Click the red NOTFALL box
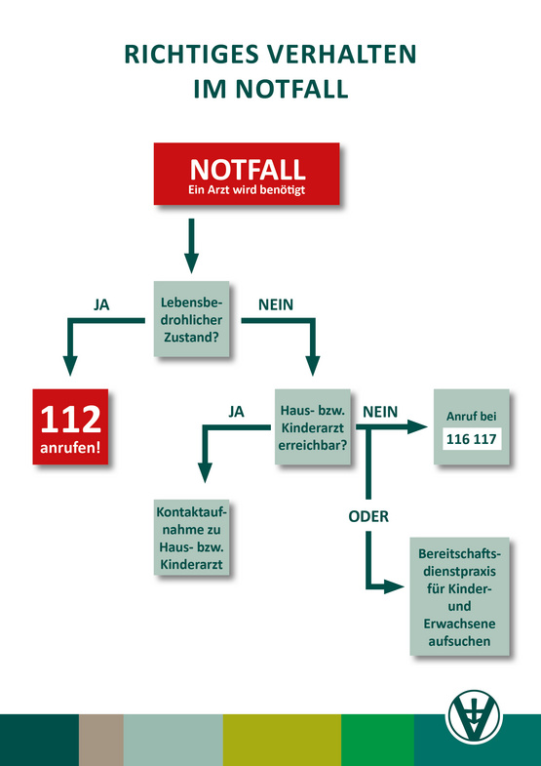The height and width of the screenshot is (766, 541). coord(247,174)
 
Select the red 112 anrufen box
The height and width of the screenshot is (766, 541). coord(70,426)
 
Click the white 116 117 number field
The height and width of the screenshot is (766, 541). coord(471,440)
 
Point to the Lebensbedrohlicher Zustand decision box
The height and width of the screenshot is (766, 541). coord(191,319)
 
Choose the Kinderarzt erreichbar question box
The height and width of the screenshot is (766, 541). coord(312,426)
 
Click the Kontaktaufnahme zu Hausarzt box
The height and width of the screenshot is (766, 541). coord(191,537)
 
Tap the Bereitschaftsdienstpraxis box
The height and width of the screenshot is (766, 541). coord(459,596)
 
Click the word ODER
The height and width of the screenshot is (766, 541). coord(368,516)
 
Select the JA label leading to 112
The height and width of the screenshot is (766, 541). coord(101,304)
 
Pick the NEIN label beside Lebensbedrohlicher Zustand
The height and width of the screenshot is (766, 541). coord(276,304)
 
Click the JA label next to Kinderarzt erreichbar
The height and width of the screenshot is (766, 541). coord(236,413)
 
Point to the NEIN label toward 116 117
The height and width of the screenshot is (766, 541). coord(380,413)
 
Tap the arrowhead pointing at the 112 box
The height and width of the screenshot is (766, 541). coord(71,365)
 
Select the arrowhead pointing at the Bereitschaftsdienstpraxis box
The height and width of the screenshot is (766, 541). coord(393,585)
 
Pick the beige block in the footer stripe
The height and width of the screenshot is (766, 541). coord(101,740)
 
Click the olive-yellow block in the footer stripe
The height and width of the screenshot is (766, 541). coord(282,740)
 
